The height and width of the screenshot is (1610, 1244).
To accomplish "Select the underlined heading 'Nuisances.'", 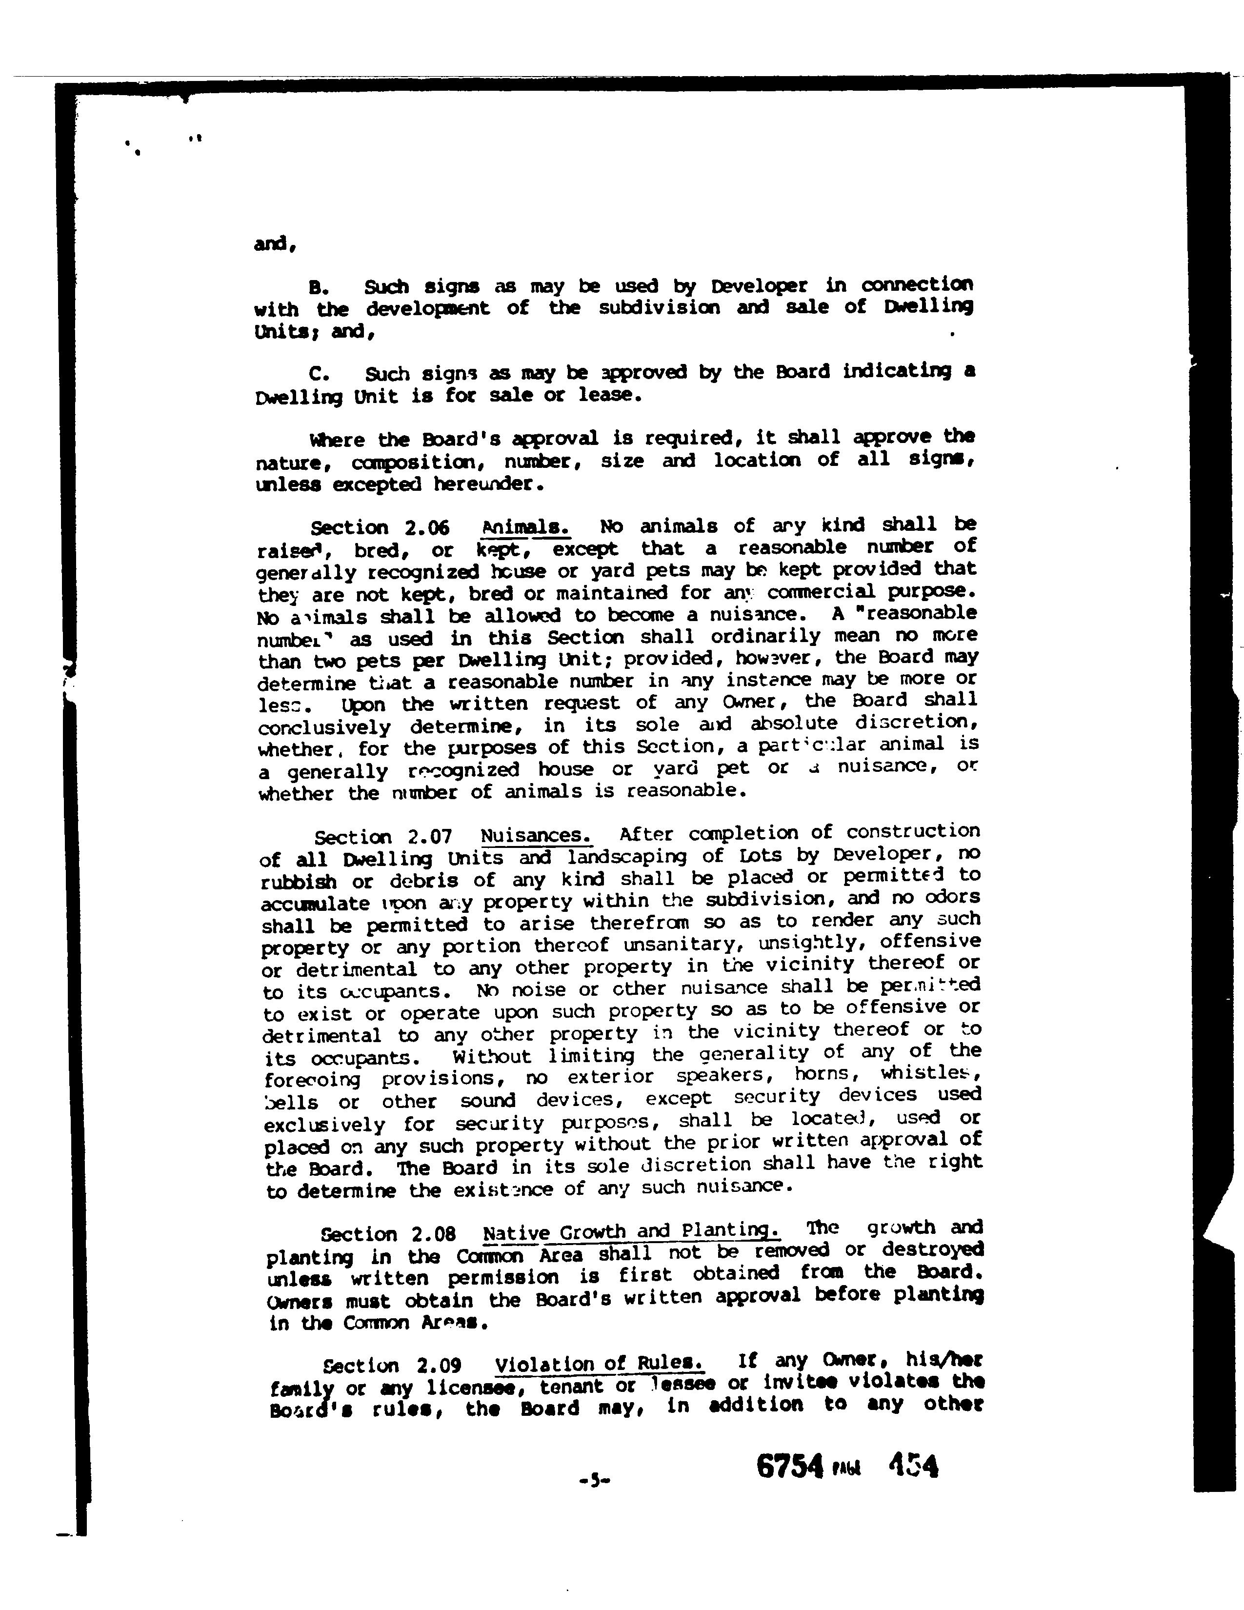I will [536, 836].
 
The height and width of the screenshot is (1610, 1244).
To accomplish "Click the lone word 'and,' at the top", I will [274, 244].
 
